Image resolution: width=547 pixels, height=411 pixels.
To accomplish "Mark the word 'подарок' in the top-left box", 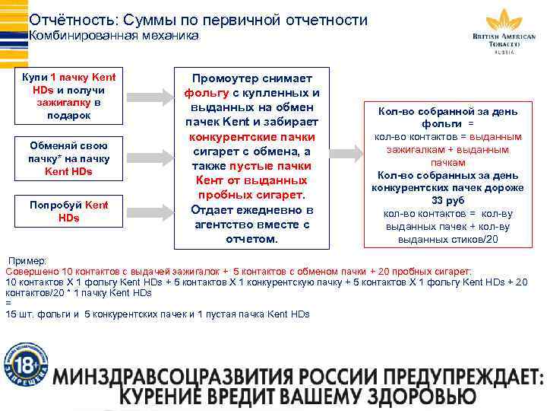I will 68,115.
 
